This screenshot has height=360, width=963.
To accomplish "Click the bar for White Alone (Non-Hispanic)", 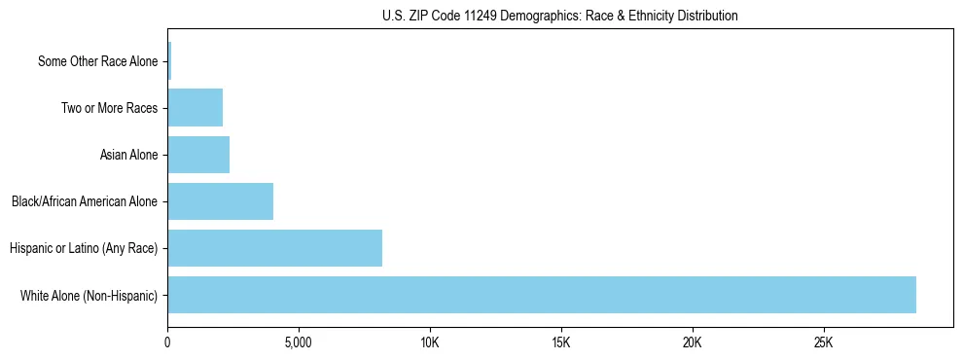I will coord(542,295).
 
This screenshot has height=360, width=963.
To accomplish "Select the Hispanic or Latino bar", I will coord(275,248).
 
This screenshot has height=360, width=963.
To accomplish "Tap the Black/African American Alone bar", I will coord(221,201).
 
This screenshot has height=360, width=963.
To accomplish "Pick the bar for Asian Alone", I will coord(198,155).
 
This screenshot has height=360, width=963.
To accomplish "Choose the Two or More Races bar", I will coord(196,108).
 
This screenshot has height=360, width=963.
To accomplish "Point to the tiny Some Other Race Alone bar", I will coord(169,61).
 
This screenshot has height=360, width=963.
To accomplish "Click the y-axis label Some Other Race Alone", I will coord(97,61).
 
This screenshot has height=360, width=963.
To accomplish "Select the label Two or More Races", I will coord(109,108).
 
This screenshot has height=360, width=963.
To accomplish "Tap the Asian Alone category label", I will coord(128,155).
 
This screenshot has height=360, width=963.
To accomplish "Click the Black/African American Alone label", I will coord(85,201).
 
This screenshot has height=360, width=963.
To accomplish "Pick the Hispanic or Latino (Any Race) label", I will coord(84,248).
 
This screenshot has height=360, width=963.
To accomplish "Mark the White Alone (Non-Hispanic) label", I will coord(89,295).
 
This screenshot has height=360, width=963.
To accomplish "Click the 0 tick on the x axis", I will coord(168,342).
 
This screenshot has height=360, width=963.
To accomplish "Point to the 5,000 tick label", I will coord(299,342).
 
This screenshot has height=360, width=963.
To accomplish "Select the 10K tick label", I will coord(430,342).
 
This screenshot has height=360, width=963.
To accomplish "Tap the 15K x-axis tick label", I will coord(561,342).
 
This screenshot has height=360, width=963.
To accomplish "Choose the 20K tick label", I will coord(693,342).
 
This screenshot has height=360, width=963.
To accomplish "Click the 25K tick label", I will coord(824,342).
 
